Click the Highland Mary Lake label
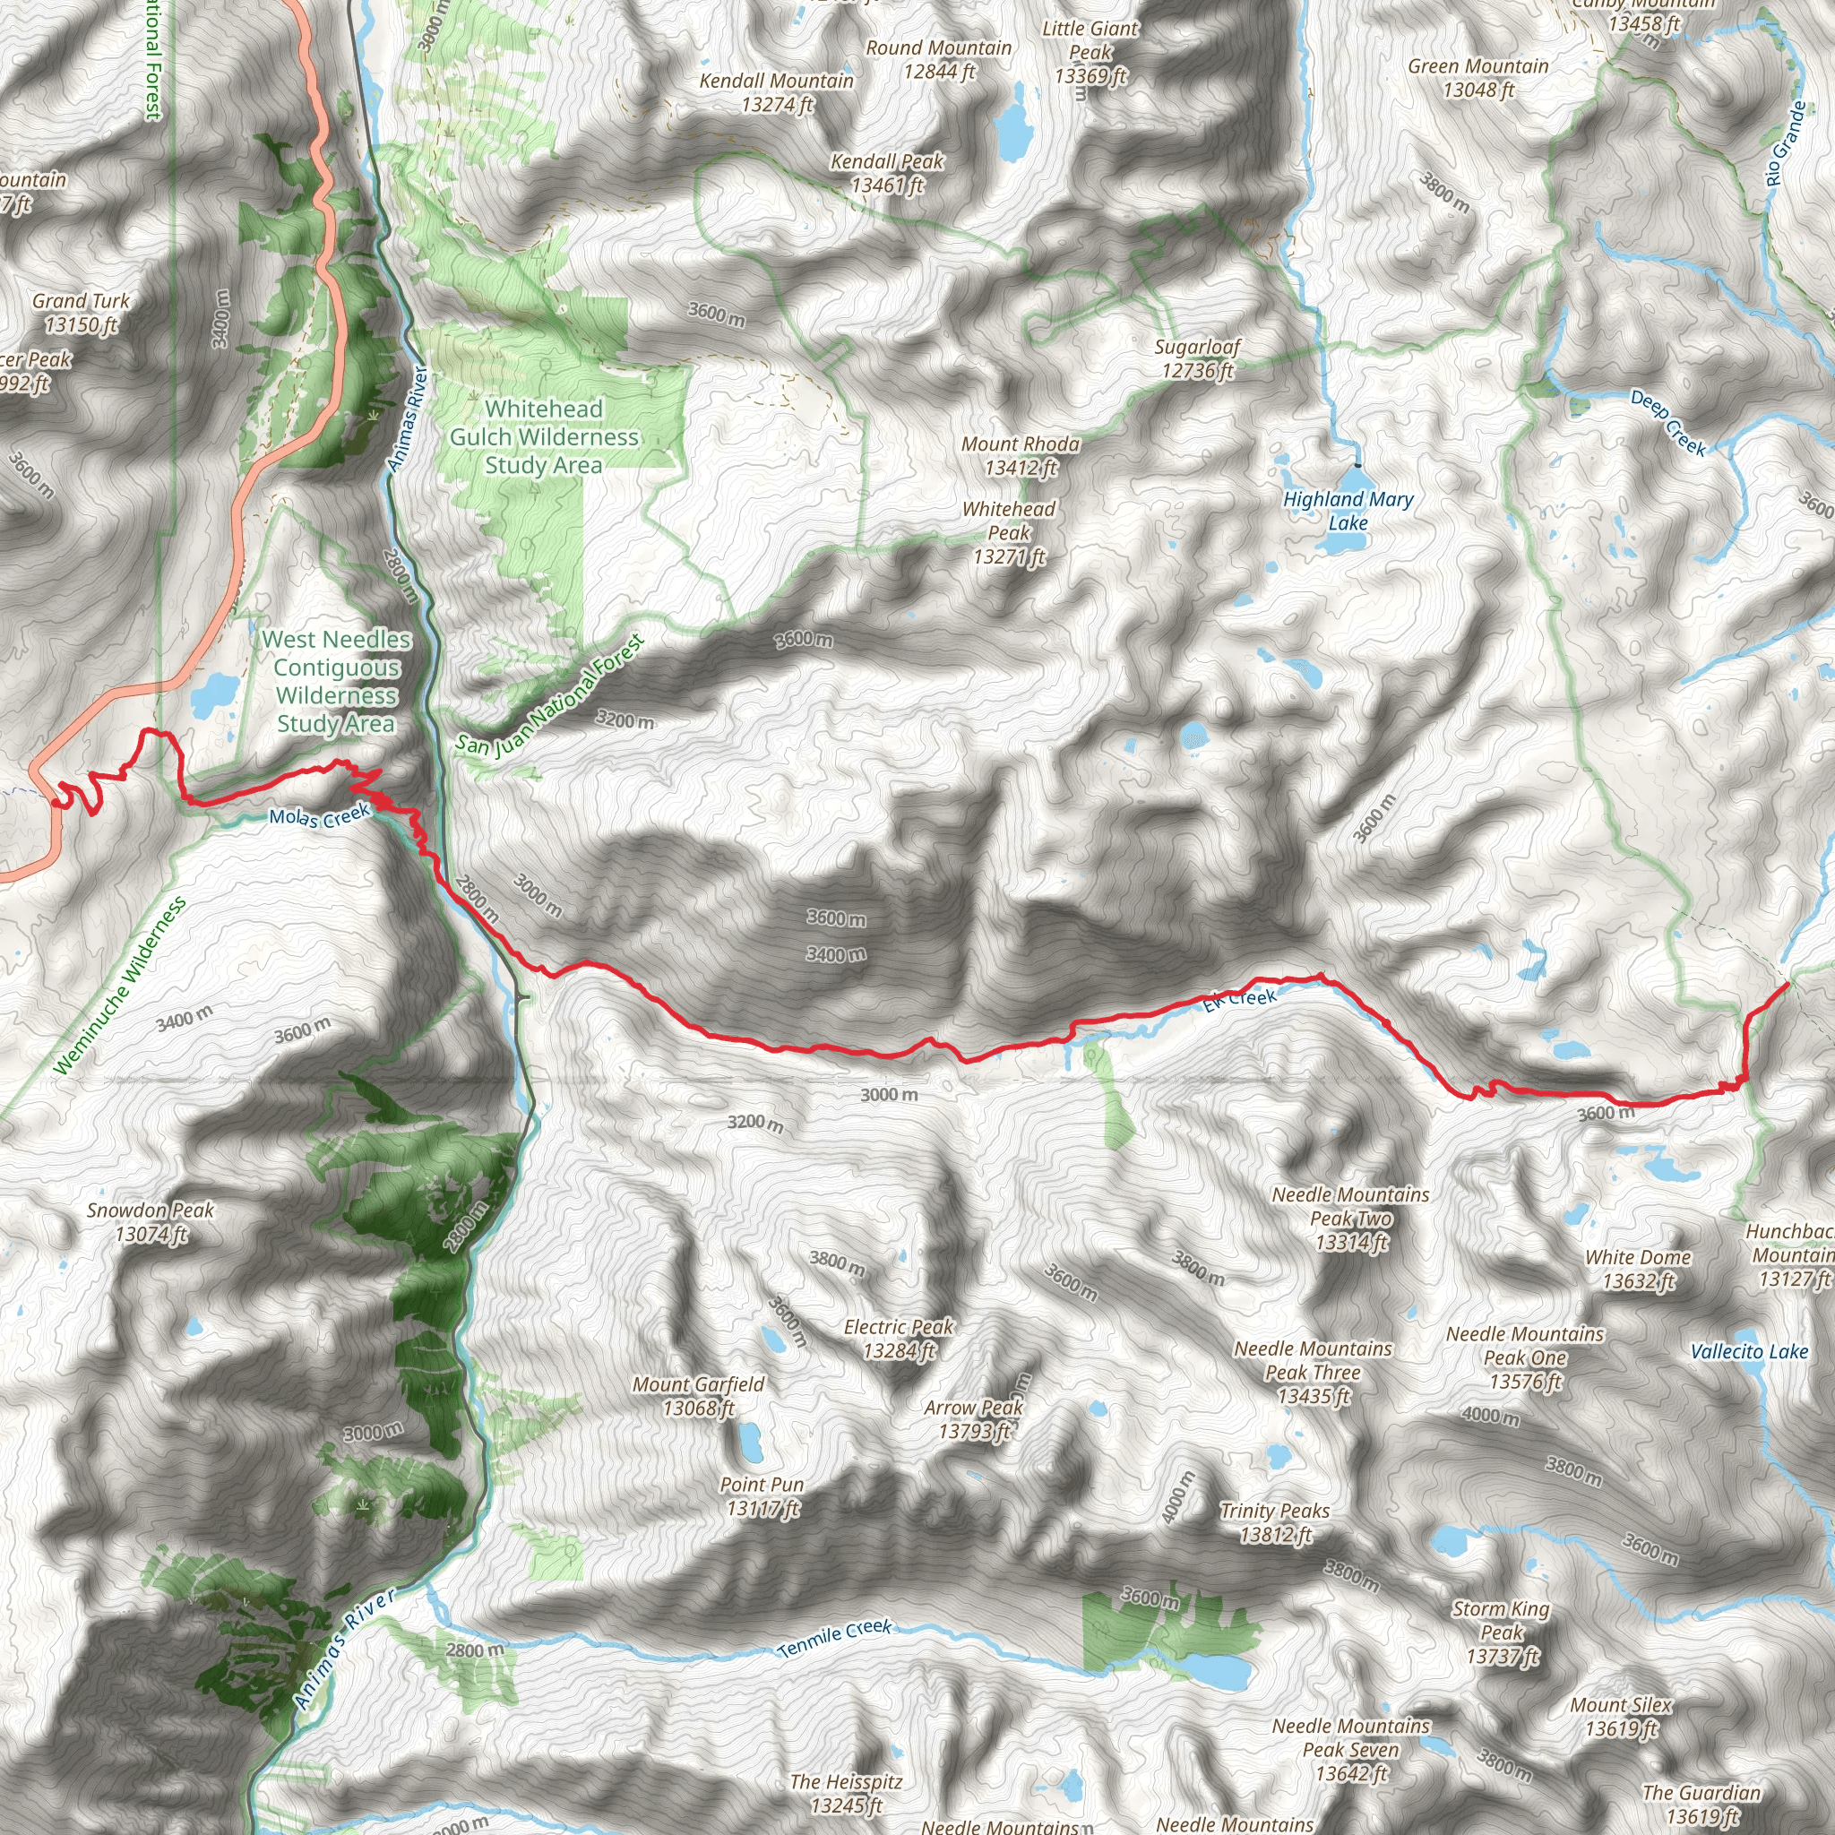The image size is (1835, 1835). tap(1348, 510)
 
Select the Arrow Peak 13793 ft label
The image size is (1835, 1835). tap(974, 1419)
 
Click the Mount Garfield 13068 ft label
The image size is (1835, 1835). tap(698, 1396)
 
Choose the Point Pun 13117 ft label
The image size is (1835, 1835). tap(762, 1496)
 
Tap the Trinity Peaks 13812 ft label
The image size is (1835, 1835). tap(1275, 1522)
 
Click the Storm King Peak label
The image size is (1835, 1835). tap(1501, 1632)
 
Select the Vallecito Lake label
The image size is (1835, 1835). tap(1749, 1350)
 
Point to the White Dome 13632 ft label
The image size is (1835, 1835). tap(1638, 1269)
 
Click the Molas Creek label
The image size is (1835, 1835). tap(318, 816)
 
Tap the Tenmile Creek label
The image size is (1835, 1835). tap(835, 1638)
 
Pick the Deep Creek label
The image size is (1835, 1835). tap(1667, 422)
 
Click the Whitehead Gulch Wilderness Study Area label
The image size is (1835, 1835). tap(543, 436)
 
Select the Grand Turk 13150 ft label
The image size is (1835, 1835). tap(81, 313)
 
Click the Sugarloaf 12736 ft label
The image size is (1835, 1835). tap(1197, 358)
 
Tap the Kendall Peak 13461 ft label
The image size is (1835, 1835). tap(887, 173)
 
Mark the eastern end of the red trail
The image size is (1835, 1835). tap(1788, 984)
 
